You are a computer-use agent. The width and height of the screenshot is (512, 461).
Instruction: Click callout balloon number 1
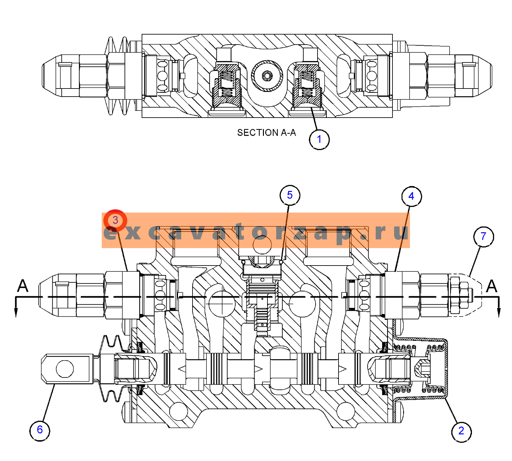(x=319, y=140)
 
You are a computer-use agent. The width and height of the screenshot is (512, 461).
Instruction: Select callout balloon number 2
(x=461, y=431)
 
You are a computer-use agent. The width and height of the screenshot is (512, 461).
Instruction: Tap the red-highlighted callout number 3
(x=115, y=220)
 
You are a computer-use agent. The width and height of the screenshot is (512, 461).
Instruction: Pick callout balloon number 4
(x=412, y=196)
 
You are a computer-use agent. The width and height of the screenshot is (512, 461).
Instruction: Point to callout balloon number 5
(x=290, y=195)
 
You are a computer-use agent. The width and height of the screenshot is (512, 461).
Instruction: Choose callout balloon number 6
(x=40, y=430)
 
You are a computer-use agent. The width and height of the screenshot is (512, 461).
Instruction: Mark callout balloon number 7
(x=484, y=236)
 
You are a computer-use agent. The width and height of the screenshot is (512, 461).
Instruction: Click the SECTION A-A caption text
(x=266, y=133)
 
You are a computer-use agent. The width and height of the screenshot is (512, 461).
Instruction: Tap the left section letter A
(x=23, y=286)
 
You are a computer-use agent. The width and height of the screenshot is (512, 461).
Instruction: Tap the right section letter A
(x=492, y=286)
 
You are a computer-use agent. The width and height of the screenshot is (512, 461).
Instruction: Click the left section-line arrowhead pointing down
(x=16, y=312)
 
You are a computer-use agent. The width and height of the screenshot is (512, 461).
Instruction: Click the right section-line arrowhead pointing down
(x=499, y=312)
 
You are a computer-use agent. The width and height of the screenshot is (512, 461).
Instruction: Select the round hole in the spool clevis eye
(x=65, y=369)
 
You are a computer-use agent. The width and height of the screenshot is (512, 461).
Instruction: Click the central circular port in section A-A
(x=267, y=76)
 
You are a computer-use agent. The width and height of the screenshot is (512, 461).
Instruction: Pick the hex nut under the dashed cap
(x=459, y=295)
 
